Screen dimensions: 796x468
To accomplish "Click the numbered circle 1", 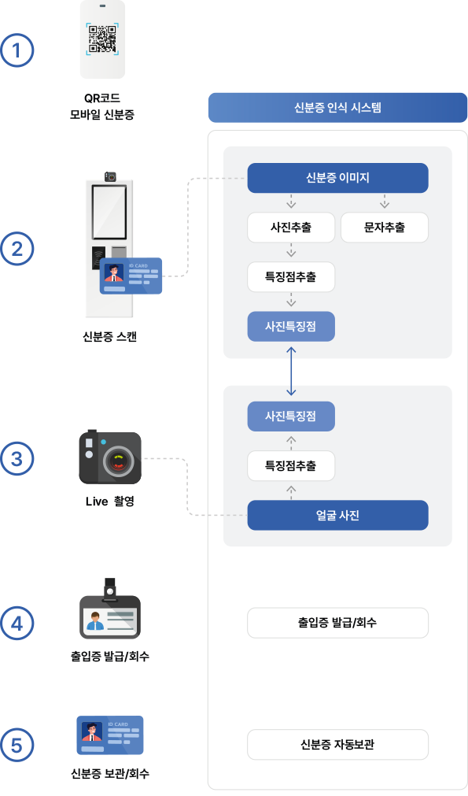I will tap(17, 51).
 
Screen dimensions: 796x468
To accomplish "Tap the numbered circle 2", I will tap(17, 250).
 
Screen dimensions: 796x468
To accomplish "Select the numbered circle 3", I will tap(17, 458).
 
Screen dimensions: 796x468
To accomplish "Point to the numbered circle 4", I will tap(17, 623).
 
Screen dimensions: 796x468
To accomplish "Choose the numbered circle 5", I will tap(17, 744).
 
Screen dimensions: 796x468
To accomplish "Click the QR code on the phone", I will tap(102, 39).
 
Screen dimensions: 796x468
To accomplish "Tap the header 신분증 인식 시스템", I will tap(337, 107).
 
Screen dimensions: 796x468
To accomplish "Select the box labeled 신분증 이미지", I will tap(337, 178).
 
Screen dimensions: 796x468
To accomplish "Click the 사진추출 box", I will tap(291, 228).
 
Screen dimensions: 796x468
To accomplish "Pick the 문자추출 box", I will tap(385, 228).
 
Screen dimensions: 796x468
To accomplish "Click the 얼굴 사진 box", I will tap(337, 515).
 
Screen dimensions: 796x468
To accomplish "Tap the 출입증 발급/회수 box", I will tap(337, 622).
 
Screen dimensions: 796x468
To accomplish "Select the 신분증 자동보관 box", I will tap(337, 744).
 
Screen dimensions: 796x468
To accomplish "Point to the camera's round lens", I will tap(120, 461).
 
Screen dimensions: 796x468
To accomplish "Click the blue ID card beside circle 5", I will tap(110, 735).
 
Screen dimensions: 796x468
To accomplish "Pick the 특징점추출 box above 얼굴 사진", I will tap(291, 465).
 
